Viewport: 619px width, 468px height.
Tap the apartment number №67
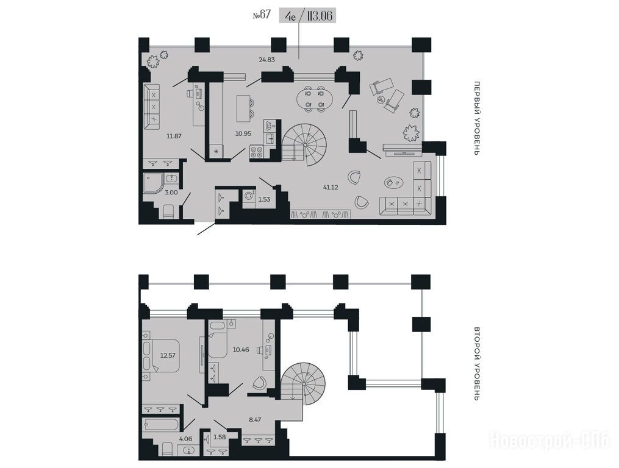click(262, 15)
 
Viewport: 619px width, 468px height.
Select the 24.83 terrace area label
click(267, 60)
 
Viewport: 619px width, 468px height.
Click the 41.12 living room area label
click(331, 188)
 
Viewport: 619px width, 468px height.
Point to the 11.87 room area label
click(174, 136)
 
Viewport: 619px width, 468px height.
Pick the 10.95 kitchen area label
click(243, 133)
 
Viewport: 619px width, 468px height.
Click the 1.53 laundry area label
click(264, 199)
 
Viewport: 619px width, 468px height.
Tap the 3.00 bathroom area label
click(171, 193)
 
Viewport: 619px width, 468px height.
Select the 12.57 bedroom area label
click(167, 355)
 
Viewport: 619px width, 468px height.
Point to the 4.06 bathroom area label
click(185, 438)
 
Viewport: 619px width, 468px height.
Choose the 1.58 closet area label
click(220, 437)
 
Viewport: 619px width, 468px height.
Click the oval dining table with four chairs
click(315, 99)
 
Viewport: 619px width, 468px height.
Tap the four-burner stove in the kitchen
click(256, 152)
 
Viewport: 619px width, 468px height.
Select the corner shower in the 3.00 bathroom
click(153, 183)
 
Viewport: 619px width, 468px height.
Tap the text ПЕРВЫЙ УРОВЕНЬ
click(478, 118)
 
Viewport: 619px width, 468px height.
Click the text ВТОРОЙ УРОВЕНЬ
click(478, 364)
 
